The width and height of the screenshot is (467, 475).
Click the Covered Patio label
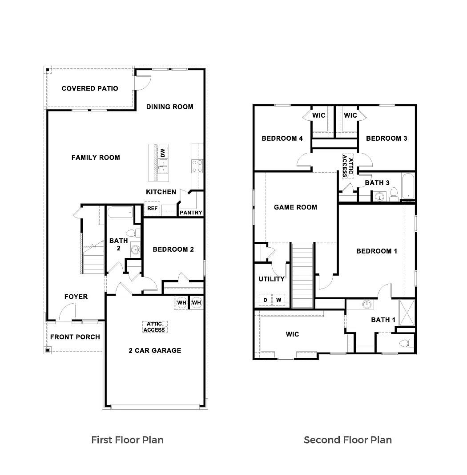pos(90,88)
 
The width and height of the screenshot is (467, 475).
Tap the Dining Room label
pos(169,107)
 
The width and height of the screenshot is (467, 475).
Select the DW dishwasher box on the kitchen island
pos(163,153)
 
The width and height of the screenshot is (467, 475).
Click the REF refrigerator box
pos(152,208)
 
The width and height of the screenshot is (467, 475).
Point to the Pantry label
pos(191,213)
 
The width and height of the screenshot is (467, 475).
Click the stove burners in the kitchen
pos(197,166)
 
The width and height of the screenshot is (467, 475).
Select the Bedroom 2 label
pos(173,249)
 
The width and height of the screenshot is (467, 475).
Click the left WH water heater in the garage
pos(181,302)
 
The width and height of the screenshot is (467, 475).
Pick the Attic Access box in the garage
pos(155,327)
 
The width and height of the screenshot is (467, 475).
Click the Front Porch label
pos(75,337)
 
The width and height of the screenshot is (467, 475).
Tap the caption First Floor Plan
pos(127,440)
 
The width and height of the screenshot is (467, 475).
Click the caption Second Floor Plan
pos(347,440)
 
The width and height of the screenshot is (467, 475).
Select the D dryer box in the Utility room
pos(265,300)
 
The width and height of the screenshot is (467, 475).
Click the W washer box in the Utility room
pos(279,300)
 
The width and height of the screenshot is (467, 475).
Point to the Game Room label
pos(295,207)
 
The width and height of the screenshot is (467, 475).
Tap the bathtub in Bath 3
pos(407,186)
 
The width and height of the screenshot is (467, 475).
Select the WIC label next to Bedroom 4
pos(318,115)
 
